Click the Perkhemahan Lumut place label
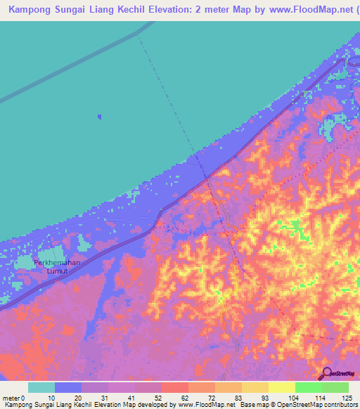click(58, 266)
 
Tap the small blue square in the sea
click(99, 117)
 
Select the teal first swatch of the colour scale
click(41, 387)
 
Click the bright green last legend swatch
click(335, 387)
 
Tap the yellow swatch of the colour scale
click(282, 387)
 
